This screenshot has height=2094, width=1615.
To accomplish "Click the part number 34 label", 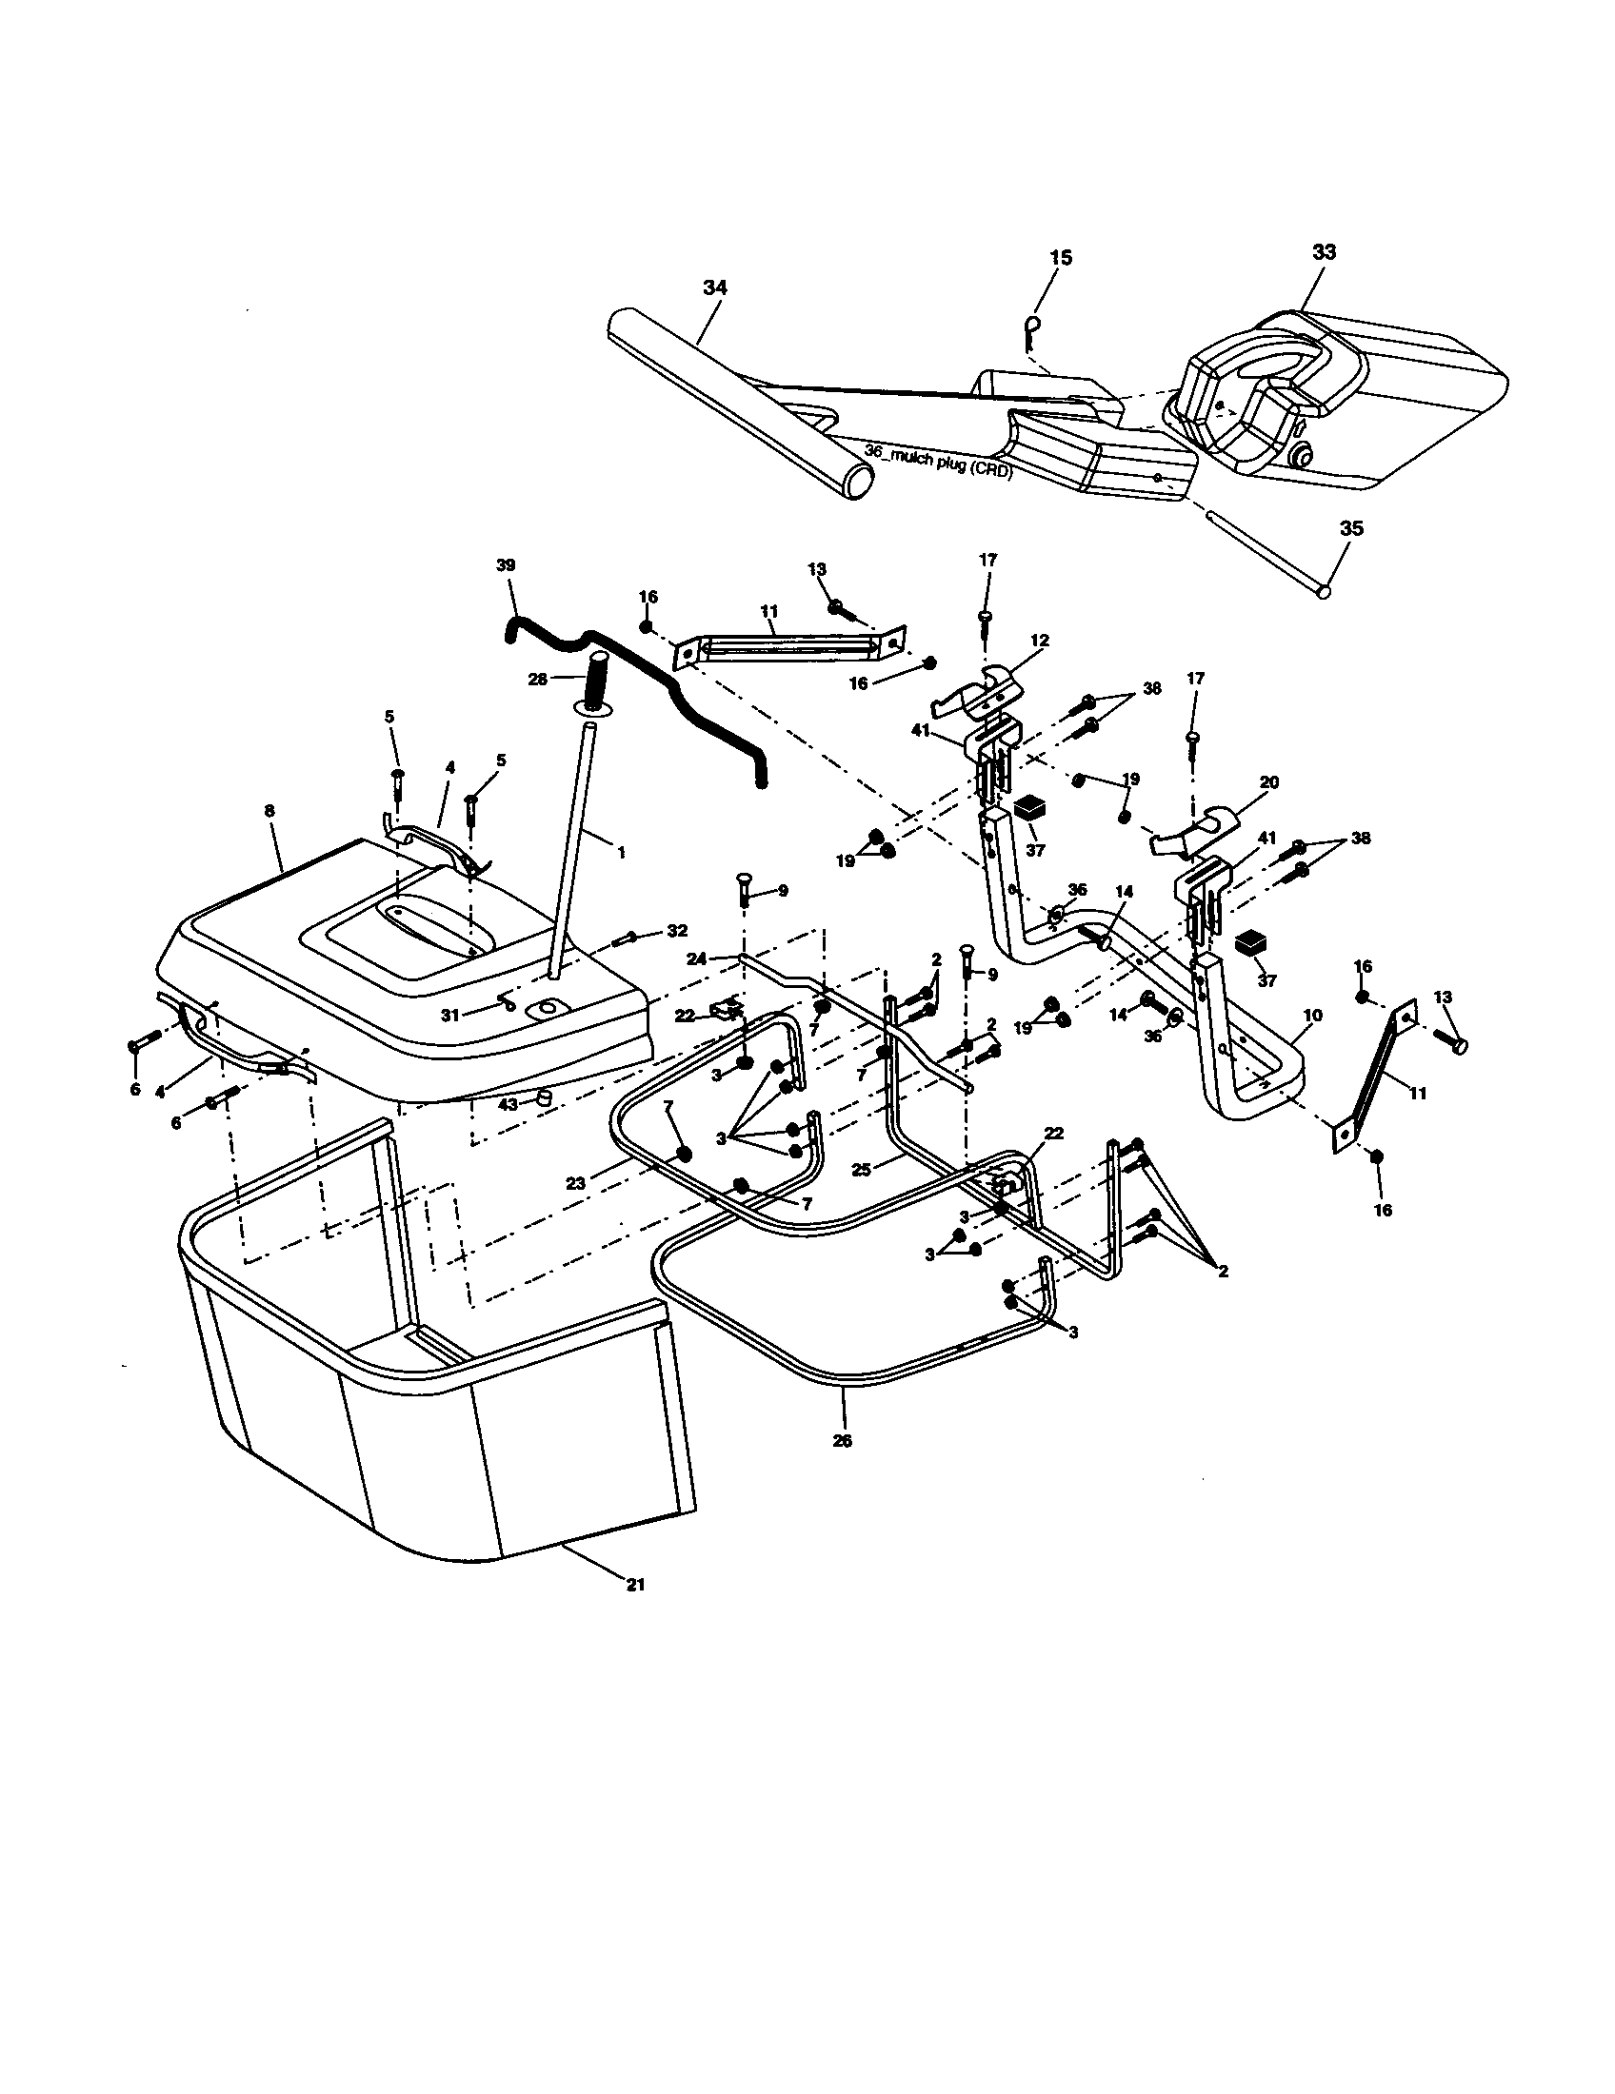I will pos(714,286).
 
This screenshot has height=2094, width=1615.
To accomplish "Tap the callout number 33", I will pos(1324,252).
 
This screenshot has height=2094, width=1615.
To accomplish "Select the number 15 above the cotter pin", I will pos(1061,258).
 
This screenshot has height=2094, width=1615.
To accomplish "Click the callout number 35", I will pos(1351,528).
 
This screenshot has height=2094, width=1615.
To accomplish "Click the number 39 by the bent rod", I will pos(506,565).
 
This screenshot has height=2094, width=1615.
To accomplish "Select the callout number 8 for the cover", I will pos(269,811).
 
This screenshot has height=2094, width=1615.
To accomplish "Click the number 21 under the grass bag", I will pos(635,1585).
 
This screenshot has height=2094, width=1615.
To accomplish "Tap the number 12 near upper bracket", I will pos(1041,640).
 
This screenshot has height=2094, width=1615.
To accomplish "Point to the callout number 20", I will pos(1268,782).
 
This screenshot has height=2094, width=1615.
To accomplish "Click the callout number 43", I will pos(508,1103).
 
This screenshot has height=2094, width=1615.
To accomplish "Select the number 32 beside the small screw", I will pos(677,931).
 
